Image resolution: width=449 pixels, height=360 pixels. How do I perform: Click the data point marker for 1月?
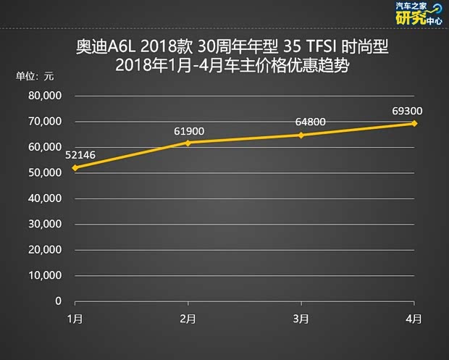click(75, 167)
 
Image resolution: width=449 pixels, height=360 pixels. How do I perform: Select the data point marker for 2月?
click(188, 143)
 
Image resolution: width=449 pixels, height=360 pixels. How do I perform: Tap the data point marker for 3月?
click(301, 135)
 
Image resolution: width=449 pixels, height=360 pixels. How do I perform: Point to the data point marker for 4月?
click(414, 123)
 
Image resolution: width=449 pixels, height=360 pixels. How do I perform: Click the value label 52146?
click(80, 155)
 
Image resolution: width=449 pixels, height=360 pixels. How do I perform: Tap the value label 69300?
click(408, 111)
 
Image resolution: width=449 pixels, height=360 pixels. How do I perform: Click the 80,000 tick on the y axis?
click(45, 96)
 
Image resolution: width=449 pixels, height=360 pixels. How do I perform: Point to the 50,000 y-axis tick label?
click(45, 172)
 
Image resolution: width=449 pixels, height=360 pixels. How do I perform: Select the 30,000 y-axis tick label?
click(45, 224)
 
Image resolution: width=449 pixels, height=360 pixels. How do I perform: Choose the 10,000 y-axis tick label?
click(45, 275)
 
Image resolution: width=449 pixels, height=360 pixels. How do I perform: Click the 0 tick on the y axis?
click(58, 301)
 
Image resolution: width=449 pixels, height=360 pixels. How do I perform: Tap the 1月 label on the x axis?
click(75, 319)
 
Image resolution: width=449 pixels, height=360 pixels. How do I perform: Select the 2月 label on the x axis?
click(188, 319)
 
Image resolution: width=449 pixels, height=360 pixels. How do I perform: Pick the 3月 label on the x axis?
click(301, 319)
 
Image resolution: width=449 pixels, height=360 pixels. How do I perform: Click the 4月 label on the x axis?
click(414, 319)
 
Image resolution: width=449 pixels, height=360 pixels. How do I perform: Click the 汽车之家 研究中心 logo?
click(418, 14)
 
